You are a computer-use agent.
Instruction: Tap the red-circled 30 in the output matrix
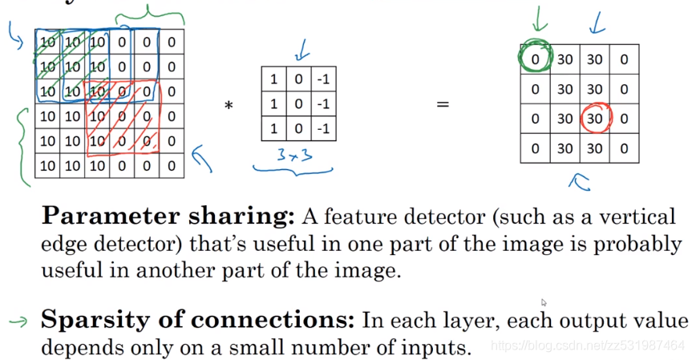point(594,118)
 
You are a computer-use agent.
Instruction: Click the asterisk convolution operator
point(229,105)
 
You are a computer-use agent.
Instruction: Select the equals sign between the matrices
point(442,104)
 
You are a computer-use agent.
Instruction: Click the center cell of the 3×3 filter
point(298,104)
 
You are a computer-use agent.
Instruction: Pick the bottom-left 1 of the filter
point(273,127)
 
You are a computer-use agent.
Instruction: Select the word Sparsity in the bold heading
point(89,321)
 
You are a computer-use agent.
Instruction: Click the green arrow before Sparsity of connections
point(17,322)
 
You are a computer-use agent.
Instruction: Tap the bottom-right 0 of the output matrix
point(624,148)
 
